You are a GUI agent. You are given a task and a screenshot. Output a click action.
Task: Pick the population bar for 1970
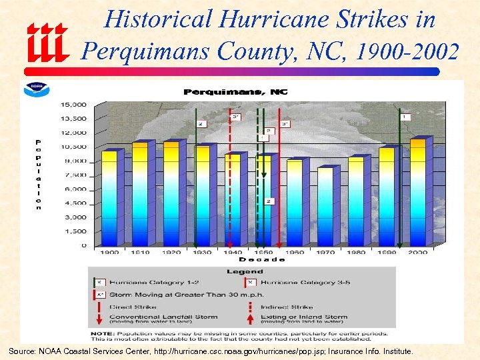click(325, 207)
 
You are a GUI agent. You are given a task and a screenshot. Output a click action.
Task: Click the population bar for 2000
click(418, 193)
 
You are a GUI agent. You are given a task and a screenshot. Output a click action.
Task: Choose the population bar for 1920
click(171, 194)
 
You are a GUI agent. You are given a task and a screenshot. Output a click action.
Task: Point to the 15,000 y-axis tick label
click(73, 105)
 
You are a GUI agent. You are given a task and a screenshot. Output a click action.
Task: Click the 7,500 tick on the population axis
click(75, 175)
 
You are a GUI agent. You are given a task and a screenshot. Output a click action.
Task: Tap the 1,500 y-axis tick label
click(75, 231)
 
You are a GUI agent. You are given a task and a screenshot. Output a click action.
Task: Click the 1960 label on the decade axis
click(295, 253)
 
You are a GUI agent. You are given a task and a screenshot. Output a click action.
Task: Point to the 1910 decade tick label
click(141, 253)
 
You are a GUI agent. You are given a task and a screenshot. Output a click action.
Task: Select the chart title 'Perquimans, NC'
click(235, 92)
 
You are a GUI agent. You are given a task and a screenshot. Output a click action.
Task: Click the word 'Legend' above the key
click(244, 271)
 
